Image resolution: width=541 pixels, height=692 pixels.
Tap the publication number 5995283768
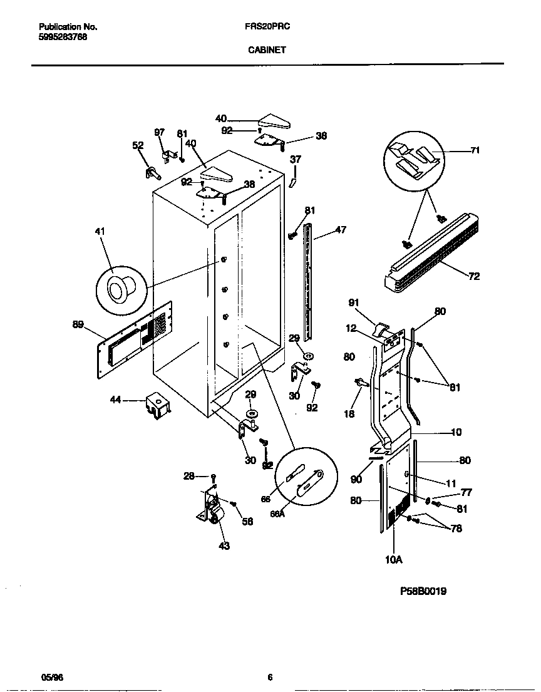tap(63, 37)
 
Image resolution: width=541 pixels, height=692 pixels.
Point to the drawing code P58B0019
tap(423, 591)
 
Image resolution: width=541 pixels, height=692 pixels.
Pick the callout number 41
tap(100, 232)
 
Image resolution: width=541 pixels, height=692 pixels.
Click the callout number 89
tap(78, 324)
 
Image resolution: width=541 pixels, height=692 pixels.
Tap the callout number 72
tap(473, 276)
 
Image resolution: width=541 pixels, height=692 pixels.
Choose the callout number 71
tap(475, 150)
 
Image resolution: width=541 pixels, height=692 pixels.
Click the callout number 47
tap(340, 230)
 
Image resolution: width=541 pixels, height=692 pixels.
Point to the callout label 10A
tap(393, 561)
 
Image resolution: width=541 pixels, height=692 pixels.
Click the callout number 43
tap(224, 546)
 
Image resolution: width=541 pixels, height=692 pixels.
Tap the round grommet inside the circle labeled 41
tap(118, 289)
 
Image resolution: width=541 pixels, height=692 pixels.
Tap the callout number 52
tap(138, 145)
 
